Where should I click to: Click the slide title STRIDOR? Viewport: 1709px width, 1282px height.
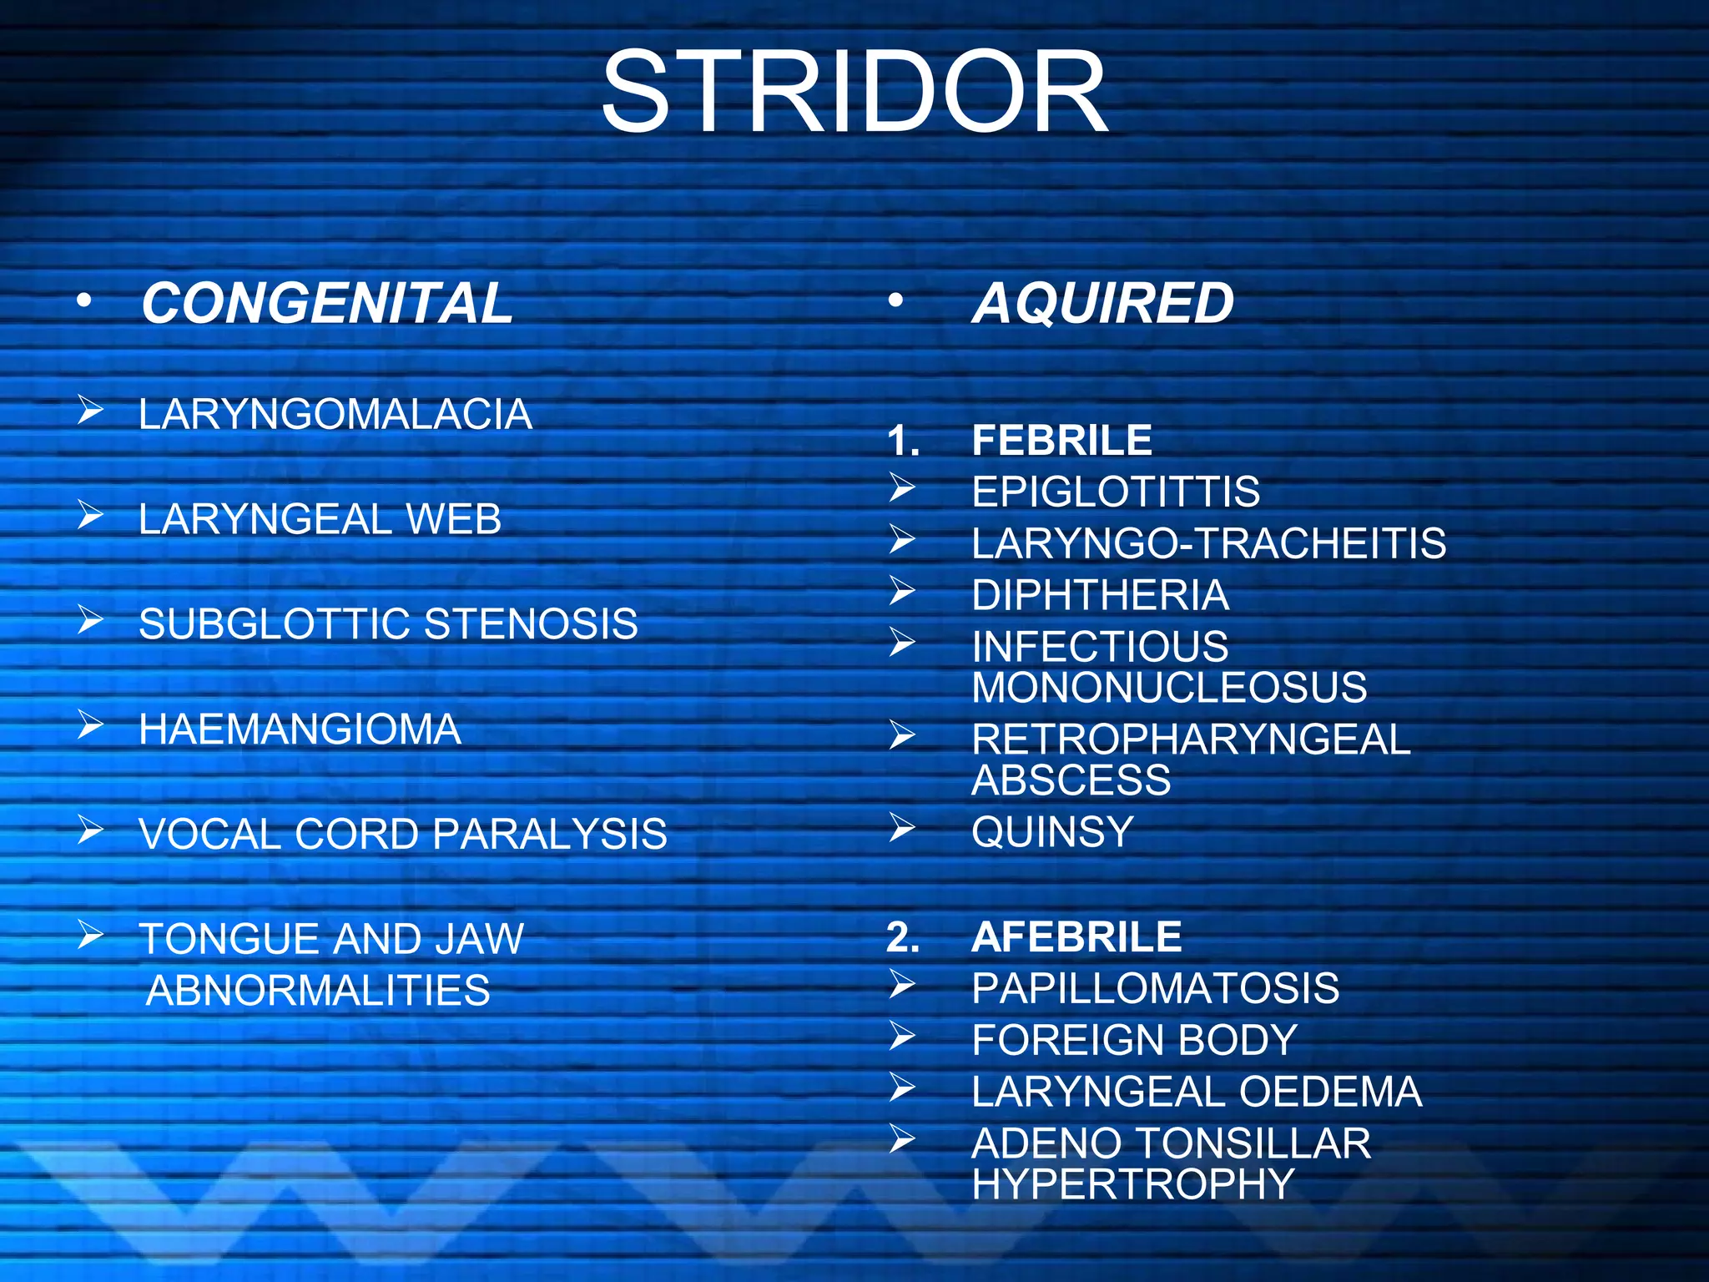[854, 92]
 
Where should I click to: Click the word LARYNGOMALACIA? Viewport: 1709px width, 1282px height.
[335, 414]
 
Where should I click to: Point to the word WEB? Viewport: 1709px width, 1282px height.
[453, 519]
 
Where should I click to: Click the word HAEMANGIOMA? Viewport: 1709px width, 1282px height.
[300, 729]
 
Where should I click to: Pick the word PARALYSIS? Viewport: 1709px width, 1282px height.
[550, 834]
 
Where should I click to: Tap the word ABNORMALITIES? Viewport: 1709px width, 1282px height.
[318, 991]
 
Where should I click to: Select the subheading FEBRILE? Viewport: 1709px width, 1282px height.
[1061, 440]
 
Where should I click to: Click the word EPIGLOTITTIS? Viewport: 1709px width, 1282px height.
[1116, 492]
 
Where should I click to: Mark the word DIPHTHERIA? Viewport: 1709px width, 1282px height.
[1100, 595]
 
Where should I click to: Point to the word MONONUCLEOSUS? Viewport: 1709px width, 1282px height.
[1169, 688]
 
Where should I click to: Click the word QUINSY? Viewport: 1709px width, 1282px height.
[1052, 831]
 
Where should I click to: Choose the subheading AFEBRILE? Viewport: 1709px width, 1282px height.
[1076, 936]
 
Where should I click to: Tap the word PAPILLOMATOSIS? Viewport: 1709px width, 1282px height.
[1155, 988]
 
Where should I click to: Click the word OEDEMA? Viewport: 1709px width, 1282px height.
[1330, 1092]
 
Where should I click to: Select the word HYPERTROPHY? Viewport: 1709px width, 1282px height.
[1133, 1184]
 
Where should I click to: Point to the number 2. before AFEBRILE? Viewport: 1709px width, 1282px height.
[903, 936]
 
